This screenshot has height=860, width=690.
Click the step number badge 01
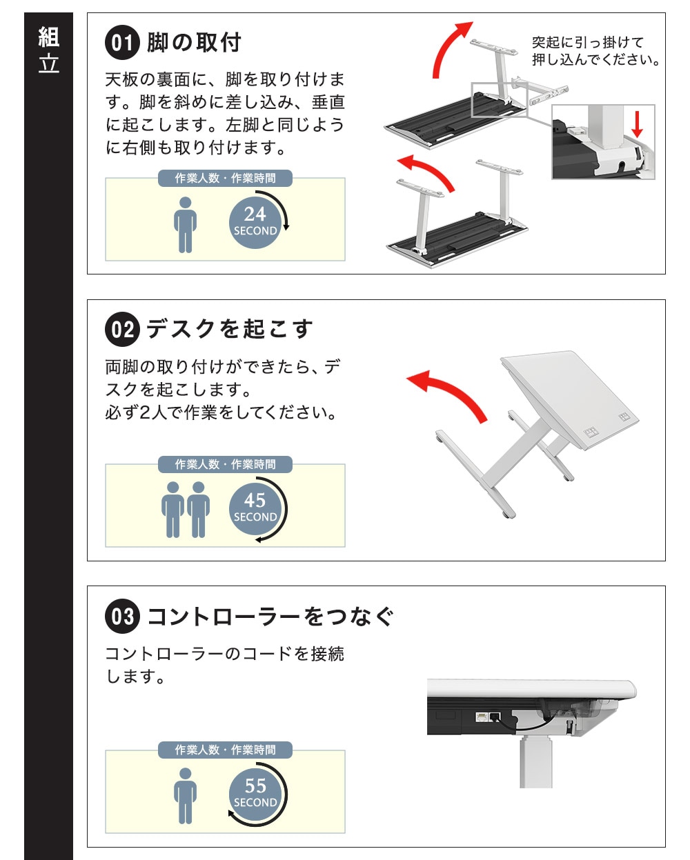coord(122,42)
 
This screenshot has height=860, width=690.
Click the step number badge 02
coord(122,329)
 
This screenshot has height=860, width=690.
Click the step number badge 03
coord(122,616)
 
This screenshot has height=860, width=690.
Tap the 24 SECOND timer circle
coord(255,223)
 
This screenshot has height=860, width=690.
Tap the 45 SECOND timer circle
coord(255,509)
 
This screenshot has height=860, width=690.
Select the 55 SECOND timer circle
coord(255,794)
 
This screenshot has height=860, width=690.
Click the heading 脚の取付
coord(194,43)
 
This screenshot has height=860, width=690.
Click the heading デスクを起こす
coord(230,329)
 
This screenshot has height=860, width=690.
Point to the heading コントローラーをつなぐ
coord(270,617)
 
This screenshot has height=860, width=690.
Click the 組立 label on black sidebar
coord(48,50)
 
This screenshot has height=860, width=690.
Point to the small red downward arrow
coord(637,124)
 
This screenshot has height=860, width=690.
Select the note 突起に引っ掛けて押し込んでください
coord(595,51)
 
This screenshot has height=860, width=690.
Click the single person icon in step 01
coord(185,225)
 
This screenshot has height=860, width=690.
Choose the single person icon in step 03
coord(185,796)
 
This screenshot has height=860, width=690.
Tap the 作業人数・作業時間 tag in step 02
coord(225,464)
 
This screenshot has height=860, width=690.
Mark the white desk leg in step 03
coord(535,761)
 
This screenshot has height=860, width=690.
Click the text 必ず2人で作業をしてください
coord(221,412)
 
